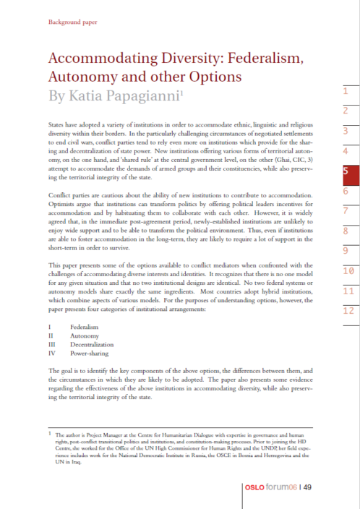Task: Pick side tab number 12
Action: click(x=348, y=332)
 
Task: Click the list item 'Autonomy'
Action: click(x=85, y=336)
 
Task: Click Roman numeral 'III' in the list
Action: click(x=51, y=346)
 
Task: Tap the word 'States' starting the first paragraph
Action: click(x=56, y=125)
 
